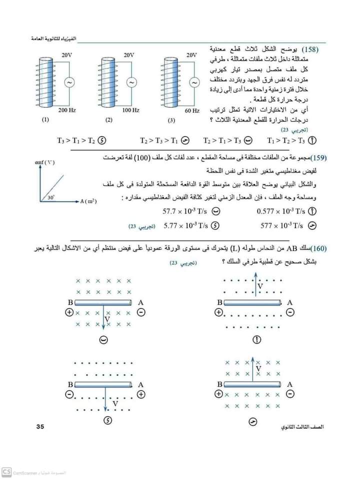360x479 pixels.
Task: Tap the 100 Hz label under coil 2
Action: click(130, 109)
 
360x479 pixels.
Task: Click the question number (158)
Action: click(316, 50)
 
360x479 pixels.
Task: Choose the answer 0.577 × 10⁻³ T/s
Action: click(280, 211)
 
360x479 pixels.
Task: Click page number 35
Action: click(41, 426)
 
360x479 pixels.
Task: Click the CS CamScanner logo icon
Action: click(6, 471)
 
